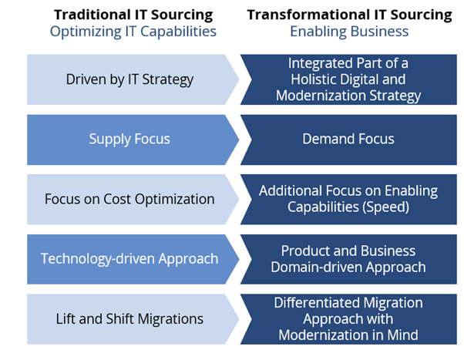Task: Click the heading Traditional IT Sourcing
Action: (133, 14)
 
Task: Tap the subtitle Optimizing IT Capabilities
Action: (133, 32)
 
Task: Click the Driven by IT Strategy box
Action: (129, 79)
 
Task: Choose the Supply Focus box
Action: (129, 139)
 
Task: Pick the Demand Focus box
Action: (348, 139)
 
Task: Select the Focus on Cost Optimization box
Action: (129, 199)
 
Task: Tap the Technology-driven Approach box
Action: (129, 258)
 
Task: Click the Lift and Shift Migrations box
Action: (129, 318)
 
